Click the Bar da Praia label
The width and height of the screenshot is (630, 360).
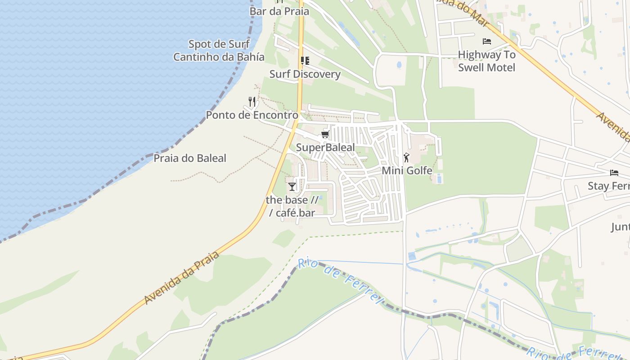pos(279,11)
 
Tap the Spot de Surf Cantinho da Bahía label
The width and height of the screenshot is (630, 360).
pos(219,50)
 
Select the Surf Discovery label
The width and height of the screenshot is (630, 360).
pos(305,74)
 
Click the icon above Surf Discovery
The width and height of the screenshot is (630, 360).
pos(305,60)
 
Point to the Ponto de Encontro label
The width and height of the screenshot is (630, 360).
pos(252,115)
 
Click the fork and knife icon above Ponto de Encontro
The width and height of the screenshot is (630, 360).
pos(252,102)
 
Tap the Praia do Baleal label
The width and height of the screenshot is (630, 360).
pos(190,158)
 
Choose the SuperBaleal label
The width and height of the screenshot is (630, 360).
pos(325,148)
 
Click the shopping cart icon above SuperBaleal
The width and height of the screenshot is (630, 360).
pos(325,134)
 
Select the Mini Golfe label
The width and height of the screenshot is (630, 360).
pos(407,171)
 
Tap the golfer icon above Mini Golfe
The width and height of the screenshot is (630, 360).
pos(407,157)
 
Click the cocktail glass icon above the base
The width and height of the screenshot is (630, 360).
pos(292,186)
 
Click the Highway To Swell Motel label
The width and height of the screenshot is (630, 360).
pos(486,61)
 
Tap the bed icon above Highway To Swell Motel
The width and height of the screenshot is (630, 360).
pos(486,41)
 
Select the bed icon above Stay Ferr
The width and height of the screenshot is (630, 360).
pos(614,173)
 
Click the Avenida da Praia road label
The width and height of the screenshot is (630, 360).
pos(182,278)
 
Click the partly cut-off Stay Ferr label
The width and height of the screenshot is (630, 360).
pos(609,186)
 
